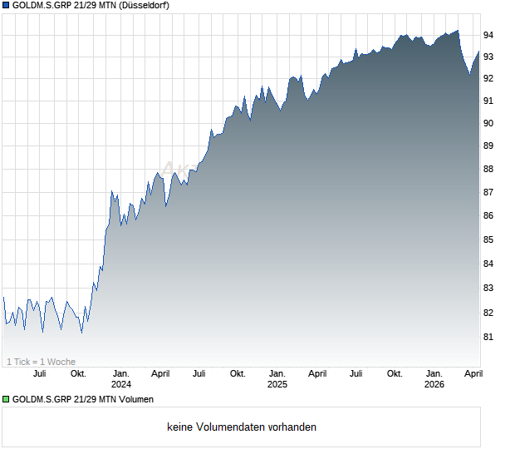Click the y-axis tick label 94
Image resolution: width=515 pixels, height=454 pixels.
click(488, 35)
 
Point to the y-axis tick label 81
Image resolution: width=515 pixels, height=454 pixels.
click(488, 338)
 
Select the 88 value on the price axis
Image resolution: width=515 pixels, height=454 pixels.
click(488, 169)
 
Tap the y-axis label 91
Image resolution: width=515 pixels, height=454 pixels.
click(488, 101)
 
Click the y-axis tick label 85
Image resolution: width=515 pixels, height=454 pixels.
click(488, 240)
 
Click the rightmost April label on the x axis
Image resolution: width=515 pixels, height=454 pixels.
click(472, 373)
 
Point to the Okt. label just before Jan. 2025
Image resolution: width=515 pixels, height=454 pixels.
click(238, 373)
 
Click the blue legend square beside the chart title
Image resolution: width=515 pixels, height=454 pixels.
click(6, 6)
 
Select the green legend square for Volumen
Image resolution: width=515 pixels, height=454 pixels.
click(6, 400)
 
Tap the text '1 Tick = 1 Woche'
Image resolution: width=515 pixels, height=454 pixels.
click(42, 362)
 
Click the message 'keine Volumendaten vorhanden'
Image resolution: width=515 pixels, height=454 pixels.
click(242, 427)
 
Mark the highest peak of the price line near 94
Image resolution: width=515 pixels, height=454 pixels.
click(457, 31)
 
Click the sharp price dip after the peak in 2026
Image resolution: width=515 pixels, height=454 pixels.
click(469, 75)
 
